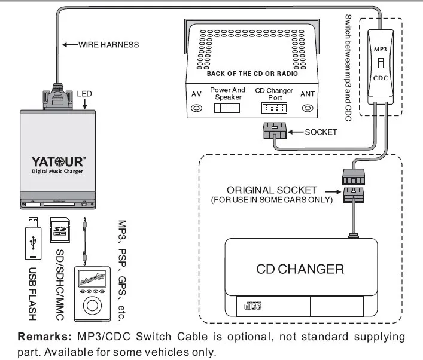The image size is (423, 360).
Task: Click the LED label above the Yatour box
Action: (x=84, y=94)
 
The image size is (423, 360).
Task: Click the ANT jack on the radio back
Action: (x=308, y=108)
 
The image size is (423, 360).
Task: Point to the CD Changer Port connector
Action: (x=274, y=108)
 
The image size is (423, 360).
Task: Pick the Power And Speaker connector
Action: (x=227, y=108)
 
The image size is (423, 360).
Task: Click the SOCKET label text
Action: (x=321, y=132)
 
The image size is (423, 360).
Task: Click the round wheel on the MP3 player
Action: (x=92, y=304)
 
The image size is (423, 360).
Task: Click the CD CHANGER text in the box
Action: (x=300, y=269)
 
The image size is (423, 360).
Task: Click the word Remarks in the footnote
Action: (x=42, y=337)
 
